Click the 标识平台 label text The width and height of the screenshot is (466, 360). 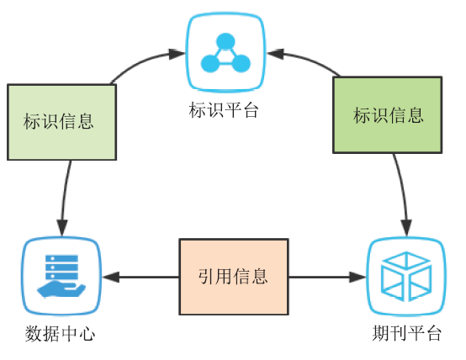224,110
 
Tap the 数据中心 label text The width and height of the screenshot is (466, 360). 60,334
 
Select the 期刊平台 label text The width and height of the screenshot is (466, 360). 406,333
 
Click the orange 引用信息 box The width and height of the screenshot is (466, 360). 234,277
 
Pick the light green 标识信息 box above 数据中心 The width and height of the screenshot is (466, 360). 61,122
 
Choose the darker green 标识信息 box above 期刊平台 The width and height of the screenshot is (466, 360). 387,115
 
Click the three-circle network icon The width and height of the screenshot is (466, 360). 225,53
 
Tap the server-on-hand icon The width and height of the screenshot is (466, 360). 61,276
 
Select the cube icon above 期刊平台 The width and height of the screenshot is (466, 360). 406,277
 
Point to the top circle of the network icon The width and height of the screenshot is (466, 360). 225,41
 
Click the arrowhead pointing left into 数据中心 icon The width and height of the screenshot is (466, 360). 111,277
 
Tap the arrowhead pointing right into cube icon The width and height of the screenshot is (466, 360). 357,277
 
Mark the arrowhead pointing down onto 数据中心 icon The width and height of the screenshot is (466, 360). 62,228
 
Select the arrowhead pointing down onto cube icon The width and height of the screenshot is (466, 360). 406,228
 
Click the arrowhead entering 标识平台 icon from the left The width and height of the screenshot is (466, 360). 177,54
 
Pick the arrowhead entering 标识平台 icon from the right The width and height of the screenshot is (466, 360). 275,54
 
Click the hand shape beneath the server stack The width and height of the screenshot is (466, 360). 61,290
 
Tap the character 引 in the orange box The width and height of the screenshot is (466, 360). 207,276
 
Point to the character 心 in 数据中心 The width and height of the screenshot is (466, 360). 87,334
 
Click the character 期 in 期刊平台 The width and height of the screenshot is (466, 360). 380,333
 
